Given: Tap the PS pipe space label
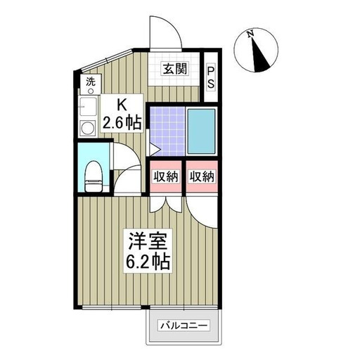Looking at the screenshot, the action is click(211, 78).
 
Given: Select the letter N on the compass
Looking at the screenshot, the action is click(251, 34).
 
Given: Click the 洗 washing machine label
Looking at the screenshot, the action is click(91, 82).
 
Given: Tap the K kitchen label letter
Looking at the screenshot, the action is click(122, 105).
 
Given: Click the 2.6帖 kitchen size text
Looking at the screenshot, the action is click(122, 122).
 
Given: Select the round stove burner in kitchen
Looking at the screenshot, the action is click(88, 128).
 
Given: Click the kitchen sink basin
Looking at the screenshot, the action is click(88, 107).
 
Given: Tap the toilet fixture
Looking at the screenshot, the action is click(94, 176).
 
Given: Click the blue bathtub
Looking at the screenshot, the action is click(202, 131).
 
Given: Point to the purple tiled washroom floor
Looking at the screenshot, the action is click(167, 131).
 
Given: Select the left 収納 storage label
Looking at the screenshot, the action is click(166, 176).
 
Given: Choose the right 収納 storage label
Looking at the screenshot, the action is click(202, 176).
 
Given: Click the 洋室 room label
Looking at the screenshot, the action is click(148, 241).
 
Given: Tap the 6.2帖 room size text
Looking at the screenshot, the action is click(148, 262).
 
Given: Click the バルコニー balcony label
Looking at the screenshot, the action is click(184, 326).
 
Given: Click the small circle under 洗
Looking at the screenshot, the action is click(91, 91).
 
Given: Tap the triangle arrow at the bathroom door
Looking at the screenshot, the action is click(155, 149).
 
